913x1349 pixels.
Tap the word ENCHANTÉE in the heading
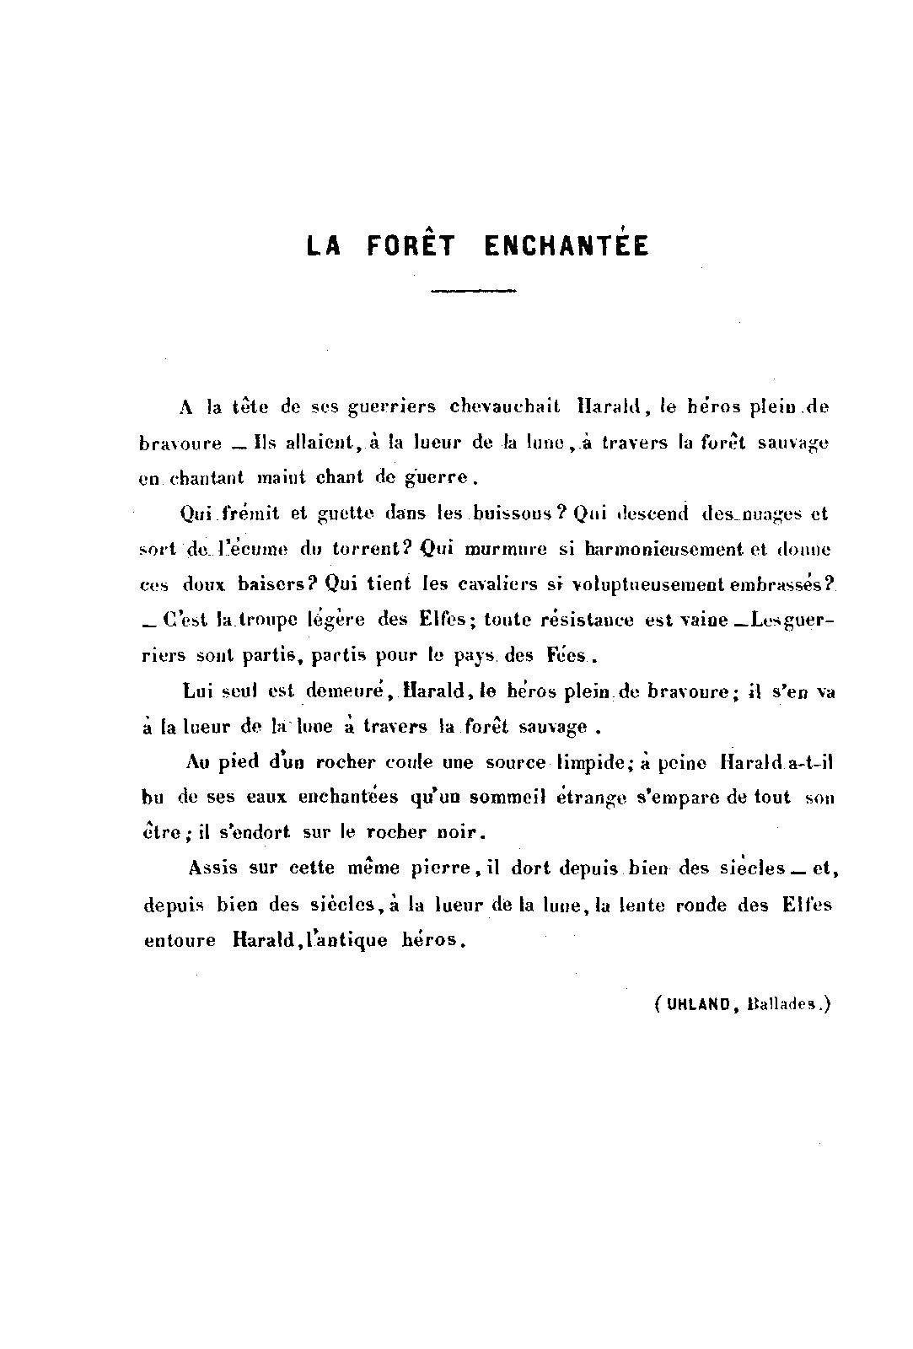click(x=567, y=245)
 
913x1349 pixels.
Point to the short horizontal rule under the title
click(x=473, y=291)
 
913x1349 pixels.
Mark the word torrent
click(x=363, y=549)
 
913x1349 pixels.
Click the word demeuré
click(x=346, y=691)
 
